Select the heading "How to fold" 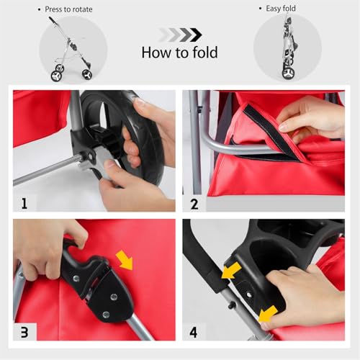(179, 53)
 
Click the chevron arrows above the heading (179, 34)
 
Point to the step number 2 (194, 203)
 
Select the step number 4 (194, 332)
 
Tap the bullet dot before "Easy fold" (259, 9)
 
